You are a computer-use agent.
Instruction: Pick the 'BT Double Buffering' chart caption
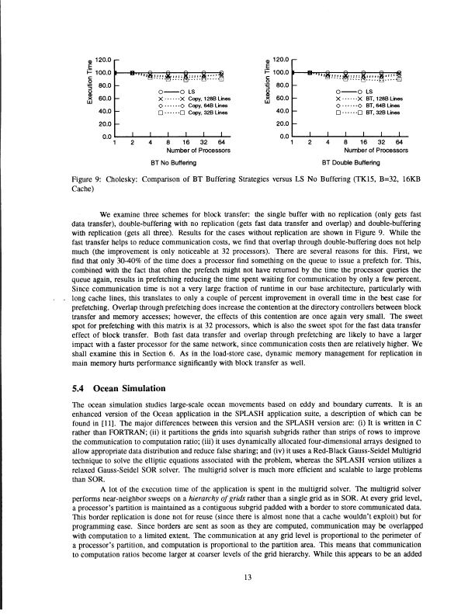point(348,164)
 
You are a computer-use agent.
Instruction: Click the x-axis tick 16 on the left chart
point(185,142)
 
